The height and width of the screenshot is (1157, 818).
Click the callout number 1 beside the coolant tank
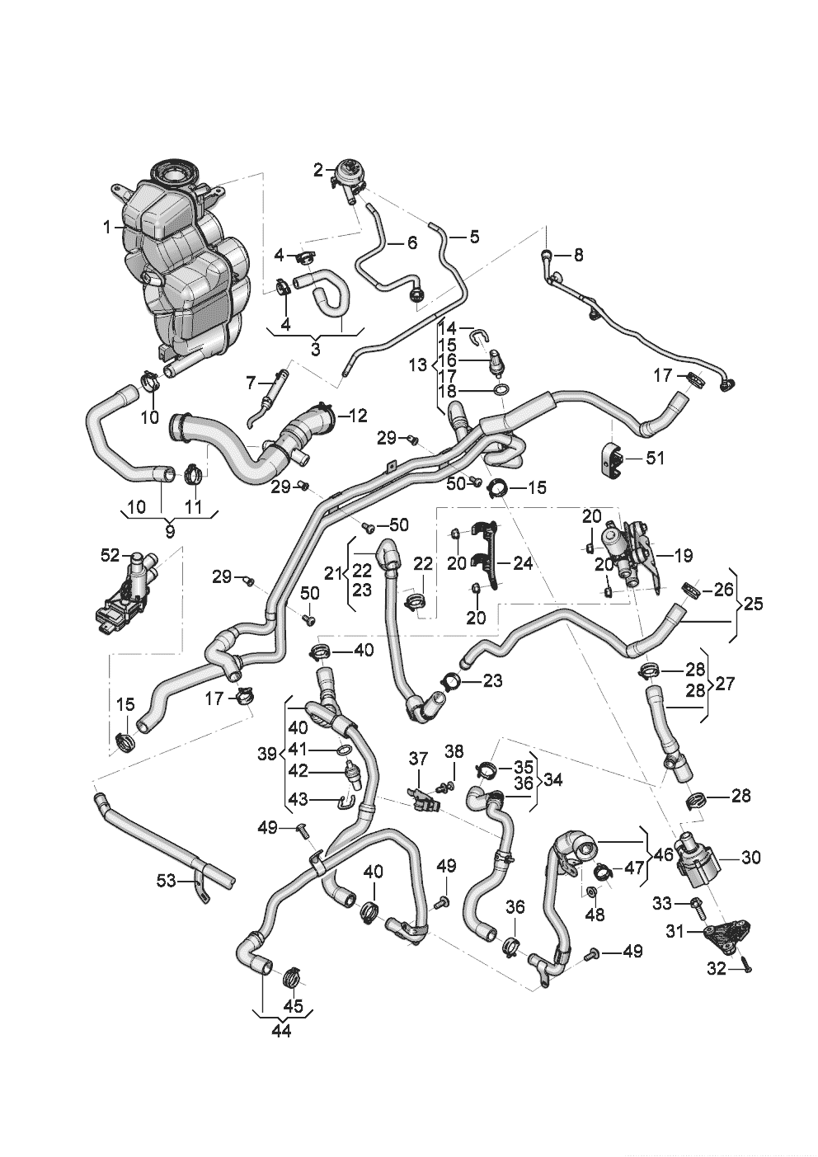pos(107,227)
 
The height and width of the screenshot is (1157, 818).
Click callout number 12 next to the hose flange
pos(356,415)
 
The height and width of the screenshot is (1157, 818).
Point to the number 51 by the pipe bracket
pos(655,459)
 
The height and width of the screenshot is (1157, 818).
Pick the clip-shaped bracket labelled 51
pos(613,459)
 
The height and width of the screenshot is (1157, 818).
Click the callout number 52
pos(110,556)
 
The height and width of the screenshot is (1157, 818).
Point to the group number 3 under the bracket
pos(316,349)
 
